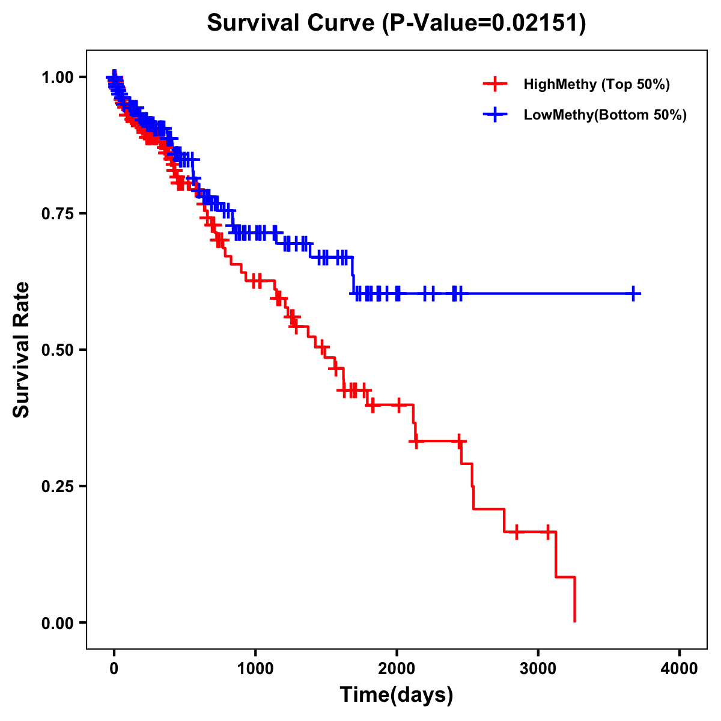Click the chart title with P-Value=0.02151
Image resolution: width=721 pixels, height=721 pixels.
click(396, 23)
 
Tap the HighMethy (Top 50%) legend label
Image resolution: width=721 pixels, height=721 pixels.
click(596, 84)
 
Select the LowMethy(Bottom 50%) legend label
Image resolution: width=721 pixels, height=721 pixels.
click(604, 115)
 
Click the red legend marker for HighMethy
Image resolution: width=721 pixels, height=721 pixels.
click(494, 84)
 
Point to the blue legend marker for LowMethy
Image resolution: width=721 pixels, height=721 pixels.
click(494, 115)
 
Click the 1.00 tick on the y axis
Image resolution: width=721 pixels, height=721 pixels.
click(58, 78)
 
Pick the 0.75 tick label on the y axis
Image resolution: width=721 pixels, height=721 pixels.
click(58, 214)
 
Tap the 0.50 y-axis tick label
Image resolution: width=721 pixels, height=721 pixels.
click(58, 350)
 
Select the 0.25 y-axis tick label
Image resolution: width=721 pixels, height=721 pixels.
click(58, 487)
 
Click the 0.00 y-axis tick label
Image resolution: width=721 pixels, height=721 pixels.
click(58, 623)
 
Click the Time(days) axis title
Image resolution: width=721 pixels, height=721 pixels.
click(397, 695)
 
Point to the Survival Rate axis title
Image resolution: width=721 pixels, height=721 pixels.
click(22, 350)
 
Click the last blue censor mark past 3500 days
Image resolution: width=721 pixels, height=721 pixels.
click(633, 294)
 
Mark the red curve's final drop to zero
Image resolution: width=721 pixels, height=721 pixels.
click(575, 601)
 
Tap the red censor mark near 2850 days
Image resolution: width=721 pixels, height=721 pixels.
click(516, 532)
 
